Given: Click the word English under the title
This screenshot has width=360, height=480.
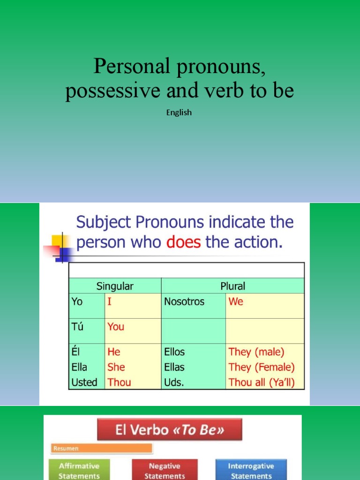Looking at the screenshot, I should coord(179,112).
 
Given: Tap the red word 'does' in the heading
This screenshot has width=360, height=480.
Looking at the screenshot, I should coord(183,243).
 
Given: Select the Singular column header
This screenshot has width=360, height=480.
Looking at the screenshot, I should coord(115,286).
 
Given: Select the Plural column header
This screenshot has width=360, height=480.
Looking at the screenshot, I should coord(232,286).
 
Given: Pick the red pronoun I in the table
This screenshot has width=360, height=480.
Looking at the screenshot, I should coord(110,301).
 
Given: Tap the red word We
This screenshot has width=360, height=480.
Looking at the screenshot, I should coord(236,301).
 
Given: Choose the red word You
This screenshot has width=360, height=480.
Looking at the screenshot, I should coord(116,326).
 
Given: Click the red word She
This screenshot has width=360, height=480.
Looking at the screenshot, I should coord(116,367).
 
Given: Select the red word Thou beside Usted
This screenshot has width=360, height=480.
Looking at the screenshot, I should coord(119,382).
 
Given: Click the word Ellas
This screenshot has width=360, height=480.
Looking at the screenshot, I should coord(174,367).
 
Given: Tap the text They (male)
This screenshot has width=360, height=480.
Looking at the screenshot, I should coord(256,352).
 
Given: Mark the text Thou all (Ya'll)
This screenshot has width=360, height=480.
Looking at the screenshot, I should coord(262,382).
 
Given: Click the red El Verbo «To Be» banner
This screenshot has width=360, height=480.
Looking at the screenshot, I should coord(170,430).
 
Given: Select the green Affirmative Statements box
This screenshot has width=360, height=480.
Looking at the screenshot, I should coord(79,471).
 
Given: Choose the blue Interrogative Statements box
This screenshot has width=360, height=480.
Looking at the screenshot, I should coord(251,471).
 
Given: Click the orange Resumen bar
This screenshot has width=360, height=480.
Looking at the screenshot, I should coord(102,448).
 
